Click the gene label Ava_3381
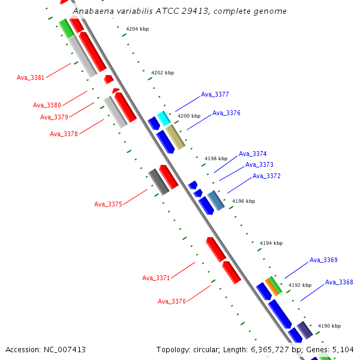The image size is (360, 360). click(31, 77)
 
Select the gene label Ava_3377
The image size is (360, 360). click(215, 95)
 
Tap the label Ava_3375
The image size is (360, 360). click(108, 204)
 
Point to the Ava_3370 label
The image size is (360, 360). click(172, 301)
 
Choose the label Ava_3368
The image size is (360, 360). click(339, 282)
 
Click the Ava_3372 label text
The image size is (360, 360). click(266, 176)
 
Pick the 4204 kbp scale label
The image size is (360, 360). click(137, 29)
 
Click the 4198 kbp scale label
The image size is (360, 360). click(216, 158)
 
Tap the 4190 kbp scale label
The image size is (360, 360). click(329, 326)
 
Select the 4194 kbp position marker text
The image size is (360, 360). click(271, 243)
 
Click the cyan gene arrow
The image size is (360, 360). click(163, 118)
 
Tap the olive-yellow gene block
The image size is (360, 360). click(175, 137)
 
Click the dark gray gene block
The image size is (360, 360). click(158, 181)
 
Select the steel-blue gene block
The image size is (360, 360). click(216, 200)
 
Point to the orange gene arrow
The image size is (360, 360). click(272, 286)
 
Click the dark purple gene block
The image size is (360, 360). click(305, 330)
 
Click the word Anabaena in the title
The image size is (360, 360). click(93, 11)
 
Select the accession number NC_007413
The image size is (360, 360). click(64, 349)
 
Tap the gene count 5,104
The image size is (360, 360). click(342, 349)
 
